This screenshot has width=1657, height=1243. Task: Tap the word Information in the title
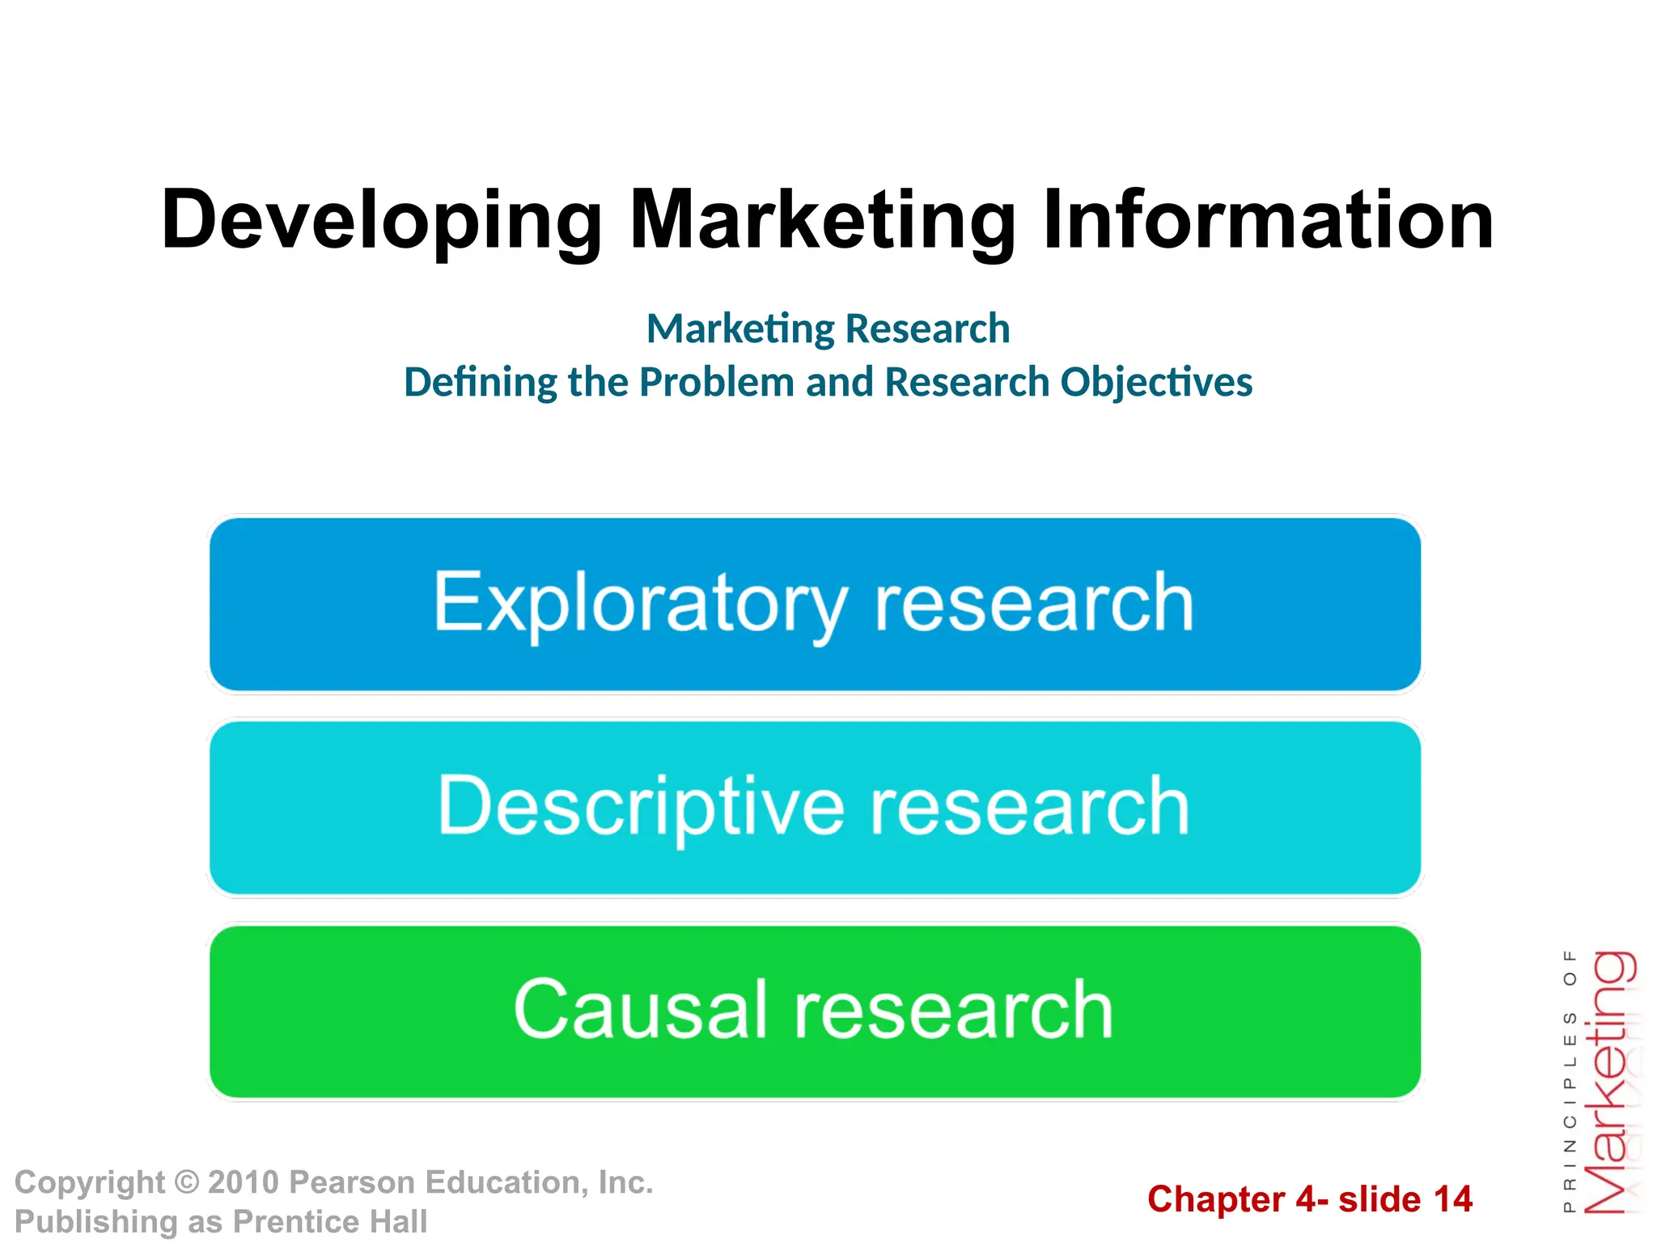(x=1268, y=218)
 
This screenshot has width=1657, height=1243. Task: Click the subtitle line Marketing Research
(x=828, y=329)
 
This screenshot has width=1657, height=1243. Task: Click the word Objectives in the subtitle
(x=1156, y=382)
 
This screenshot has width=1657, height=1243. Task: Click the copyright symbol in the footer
(x=186, y=1182)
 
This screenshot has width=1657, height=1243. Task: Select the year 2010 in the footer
(x=244, y=1182)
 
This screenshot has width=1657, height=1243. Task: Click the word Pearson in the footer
(x=353, y=1182)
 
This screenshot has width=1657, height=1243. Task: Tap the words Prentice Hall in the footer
(x=330, y=1221)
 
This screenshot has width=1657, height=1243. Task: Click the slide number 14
(x=1452, y=1199)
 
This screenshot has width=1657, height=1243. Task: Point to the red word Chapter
(x=1216, y=1199)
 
